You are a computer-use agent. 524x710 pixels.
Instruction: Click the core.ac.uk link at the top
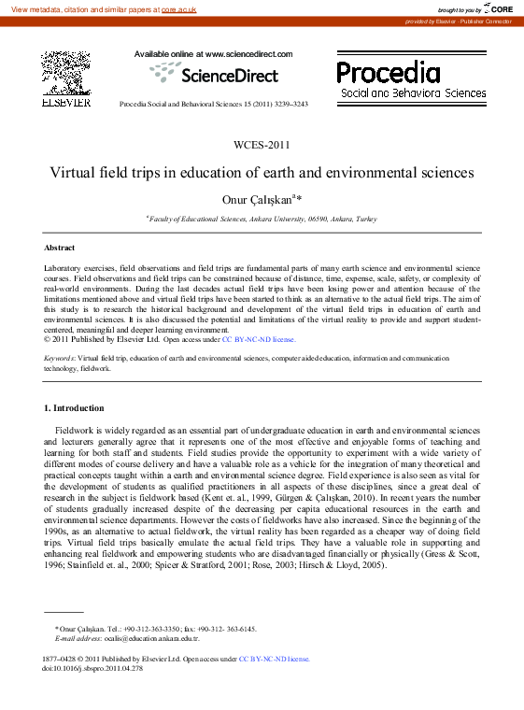coord(179,8)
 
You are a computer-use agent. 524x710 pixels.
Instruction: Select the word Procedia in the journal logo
coord(388,72)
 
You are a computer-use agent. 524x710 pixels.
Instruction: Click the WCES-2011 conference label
coord(262,145)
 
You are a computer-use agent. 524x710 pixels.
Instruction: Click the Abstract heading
coord(60,248)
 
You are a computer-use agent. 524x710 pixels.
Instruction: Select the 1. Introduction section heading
coord(75,408)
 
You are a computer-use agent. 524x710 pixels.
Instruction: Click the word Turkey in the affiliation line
coord(365,219)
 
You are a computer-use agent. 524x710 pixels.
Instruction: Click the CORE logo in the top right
coord(497,8)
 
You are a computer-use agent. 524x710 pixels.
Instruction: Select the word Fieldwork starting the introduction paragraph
coord(74,429)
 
